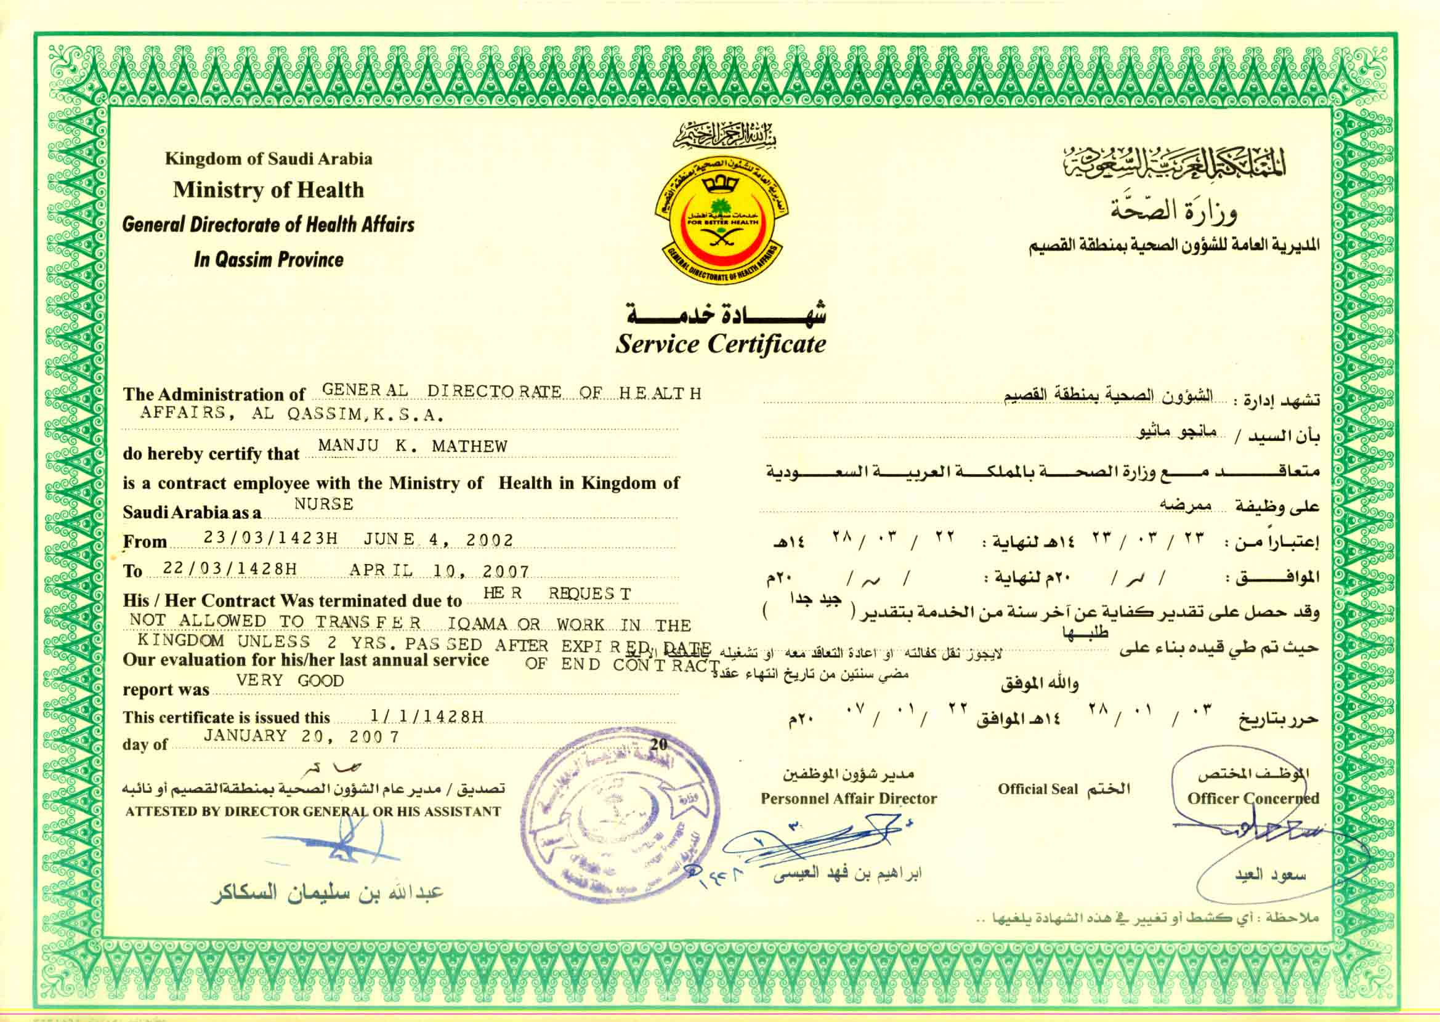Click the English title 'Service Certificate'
click(720, 344)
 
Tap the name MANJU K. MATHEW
click(412, 446)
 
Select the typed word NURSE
click(323, 504)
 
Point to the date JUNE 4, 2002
click(438, 540)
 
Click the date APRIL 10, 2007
click(439, 571)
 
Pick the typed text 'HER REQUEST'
click(557, 593)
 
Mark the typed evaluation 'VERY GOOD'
click(289, 681)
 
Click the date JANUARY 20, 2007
click(301, 736)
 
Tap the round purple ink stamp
click(620, 816)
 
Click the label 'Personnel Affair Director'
click(848, 799)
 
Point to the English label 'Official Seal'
click(1037, 789)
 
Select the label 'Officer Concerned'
click(1252, 799)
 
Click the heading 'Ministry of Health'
click(269, 190)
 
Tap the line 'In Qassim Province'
click(269, 259)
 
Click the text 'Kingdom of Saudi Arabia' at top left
click(269, 159)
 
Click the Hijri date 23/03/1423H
click(270, 538)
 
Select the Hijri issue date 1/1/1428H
click(427, 716)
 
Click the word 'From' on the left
click(145, 542)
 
